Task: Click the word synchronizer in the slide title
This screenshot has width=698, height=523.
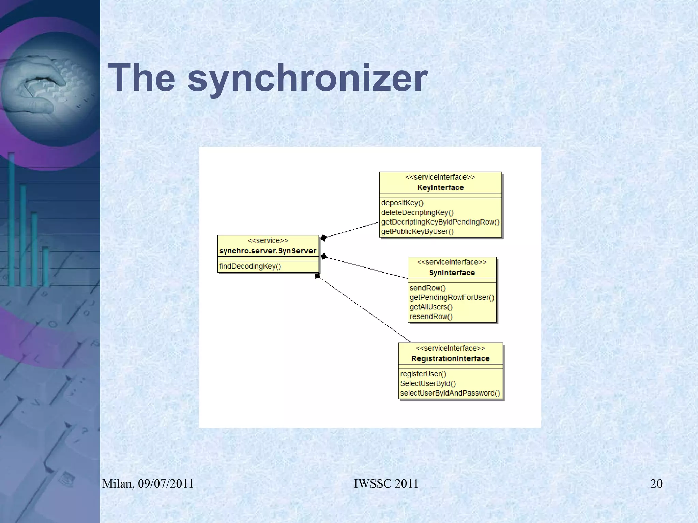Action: coord(307,78)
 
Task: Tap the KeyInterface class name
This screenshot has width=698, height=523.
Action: coord(440,188)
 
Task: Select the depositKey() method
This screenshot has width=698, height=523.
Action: coord(402,203)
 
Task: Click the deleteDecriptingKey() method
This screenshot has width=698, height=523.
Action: coord(417,213)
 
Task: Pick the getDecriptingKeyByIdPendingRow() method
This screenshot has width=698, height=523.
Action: coord(440,222)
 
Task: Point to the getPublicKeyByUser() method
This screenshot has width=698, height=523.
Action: coord(417,232)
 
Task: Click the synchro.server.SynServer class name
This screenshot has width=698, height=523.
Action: coord(268,251)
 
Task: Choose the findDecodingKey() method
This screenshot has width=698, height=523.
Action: coord(250,266)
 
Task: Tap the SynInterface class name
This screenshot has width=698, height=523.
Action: coord(452,273)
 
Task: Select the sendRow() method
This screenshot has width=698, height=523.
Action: coord(427,288)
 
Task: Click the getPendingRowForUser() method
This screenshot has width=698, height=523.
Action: coord(452,298)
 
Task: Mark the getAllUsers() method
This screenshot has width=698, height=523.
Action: coord(431,307)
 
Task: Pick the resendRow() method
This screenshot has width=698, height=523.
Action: coord(431,317)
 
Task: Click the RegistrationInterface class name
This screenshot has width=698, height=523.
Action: coord(450,359)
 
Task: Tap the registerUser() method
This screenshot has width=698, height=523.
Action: coord(423,374)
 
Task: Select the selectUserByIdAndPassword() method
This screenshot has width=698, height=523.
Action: coord(450,393)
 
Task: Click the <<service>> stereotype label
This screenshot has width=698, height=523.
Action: coord(268,241)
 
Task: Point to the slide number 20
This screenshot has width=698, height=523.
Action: coord(656,484)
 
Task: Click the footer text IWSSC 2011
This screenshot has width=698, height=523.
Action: coord(386,484)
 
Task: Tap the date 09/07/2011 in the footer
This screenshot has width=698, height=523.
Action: coord(166,484)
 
